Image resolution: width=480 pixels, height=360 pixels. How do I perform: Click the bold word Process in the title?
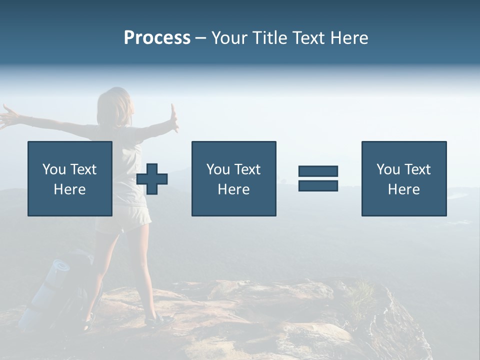157,38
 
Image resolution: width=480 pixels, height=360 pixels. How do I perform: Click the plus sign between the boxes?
152,179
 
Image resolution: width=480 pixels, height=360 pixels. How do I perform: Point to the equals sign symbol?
318,178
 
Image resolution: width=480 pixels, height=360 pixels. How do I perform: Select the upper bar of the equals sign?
318,171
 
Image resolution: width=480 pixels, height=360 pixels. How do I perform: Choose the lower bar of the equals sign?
318,185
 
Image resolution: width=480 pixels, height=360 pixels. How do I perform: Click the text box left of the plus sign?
70,178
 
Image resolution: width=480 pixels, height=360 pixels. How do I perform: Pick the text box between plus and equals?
233,178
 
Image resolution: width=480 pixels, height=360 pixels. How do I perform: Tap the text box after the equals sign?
404,178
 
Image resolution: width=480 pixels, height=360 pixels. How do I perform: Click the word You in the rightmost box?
388,169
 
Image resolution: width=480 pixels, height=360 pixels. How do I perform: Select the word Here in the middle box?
233,189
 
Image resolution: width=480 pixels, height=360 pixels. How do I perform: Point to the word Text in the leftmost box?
83,169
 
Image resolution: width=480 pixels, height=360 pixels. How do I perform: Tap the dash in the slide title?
201,38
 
